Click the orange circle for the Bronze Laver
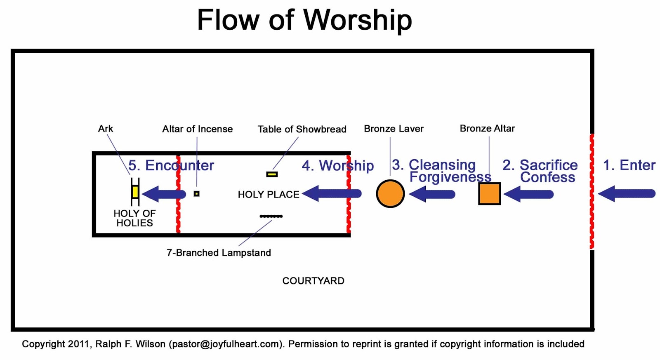(x=390, y=194)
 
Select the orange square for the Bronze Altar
(x=489, y=194)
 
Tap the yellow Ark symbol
(x=135, y=192)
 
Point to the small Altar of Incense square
(x=196, y=193)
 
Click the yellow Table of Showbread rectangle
(x=272, y=174)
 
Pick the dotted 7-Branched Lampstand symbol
(x=271, y=216)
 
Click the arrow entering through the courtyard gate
(x=627, y=194)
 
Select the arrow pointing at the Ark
(x=164, y=194)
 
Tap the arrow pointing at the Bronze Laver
(x=432, y=194)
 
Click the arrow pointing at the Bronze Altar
(x=528, y=194)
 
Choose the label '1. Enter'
(x=629, y=165)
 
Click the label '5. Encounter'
(x=171, y=165)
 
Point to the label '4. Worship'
(x=338, y=165)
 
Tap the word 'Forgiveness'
(x=450, y=177)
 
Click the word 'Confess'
(x=547, y=177)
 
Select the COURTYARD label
(x=313, y=281)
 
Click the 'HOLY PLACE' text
(x=269, y=195)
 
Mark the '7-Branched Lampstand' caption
(x=219, y=253)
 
